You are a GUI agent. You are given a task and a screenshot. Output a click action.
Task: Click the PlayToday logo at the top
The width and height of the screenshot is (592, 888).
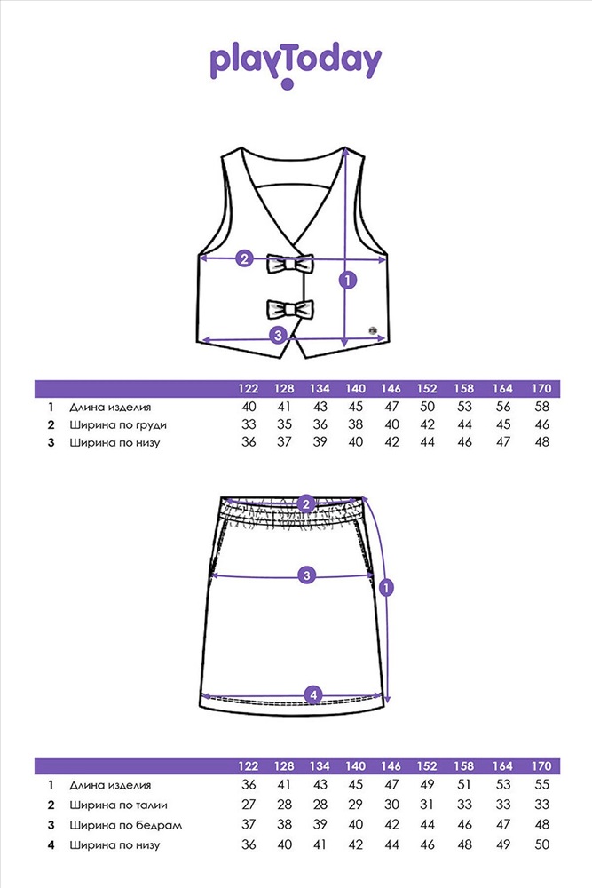[x=296, y=65]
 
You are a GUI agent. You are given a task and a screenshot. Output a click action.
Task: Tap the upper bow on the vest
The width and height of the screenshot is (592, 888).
[x=290, y=264]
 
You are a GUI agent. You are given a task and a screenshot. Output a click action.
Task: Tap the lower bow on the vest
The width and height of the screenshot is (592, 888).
[x=290, y=309]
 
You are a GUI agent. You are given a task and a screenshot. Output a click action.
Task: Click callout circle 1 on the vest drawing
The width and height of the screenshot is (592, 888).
[x=348, y=279]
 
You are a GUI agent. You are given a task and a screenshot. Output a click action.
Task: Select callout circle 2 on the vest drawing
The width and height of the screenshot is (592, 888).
[x=244, y=258]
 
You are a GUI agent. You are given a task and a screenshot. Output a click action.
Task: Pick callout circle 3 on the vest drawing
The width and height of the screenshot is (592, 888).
[x=278, y=335]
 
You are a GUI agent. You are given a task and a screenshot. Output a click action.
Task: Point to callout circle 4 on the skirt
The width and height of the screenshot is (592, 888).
[x=313, y=694]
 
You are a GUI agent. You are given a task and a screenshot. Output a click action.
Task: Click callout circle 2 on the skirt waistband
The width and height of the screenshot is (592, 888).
[x=306, y=504]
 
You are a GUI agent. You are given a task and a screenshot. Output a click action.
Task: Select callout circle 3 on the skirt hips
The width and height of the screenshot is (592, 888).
[x=307, y=575]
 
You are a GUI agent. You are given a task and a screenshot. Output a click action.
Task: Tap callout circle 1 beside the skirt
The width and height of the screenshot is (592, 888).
[x=386, y=587]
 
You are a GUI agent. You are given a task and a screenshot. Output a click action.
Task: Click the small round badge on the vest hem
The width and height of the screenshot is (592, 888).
[x=373, y=329]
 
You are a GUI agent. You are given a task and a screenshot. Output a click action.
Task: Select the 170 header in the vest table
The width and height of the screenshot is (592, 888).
[x=541, y=389]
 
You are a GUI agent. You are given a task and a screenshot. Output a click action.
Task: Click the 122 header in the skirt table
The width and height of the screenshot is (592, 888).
[x=248, y=766]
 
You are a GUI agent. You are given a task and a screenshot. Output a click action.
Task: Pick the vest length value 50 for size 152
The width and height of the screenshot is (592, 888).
[x=427, y=407]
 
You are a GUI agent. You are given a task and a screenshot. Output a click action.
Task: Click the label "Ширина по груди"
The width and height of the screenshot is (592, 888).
[x=118, y=425]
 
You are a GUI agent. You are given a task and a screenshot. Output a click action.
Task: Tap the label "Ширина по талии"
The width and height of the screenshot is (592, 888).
[x=118, y=805]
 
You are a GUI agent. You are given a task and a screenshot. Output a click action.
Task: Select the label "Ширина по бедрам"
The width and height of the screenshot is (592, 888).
[x=126, y=825]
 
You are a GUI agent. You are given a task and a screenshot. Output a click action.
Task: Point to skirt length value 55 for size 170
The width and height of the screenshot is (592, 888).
[x=541, y=784]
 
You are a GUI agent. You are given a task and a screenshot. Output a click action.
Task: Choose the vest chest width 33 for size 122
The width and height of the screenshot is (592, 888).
[x=249, y=424]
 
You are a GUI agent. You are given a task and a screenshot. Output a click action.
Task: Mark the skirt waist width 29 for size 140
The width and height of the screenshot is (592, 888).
[x=355, y=805]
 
